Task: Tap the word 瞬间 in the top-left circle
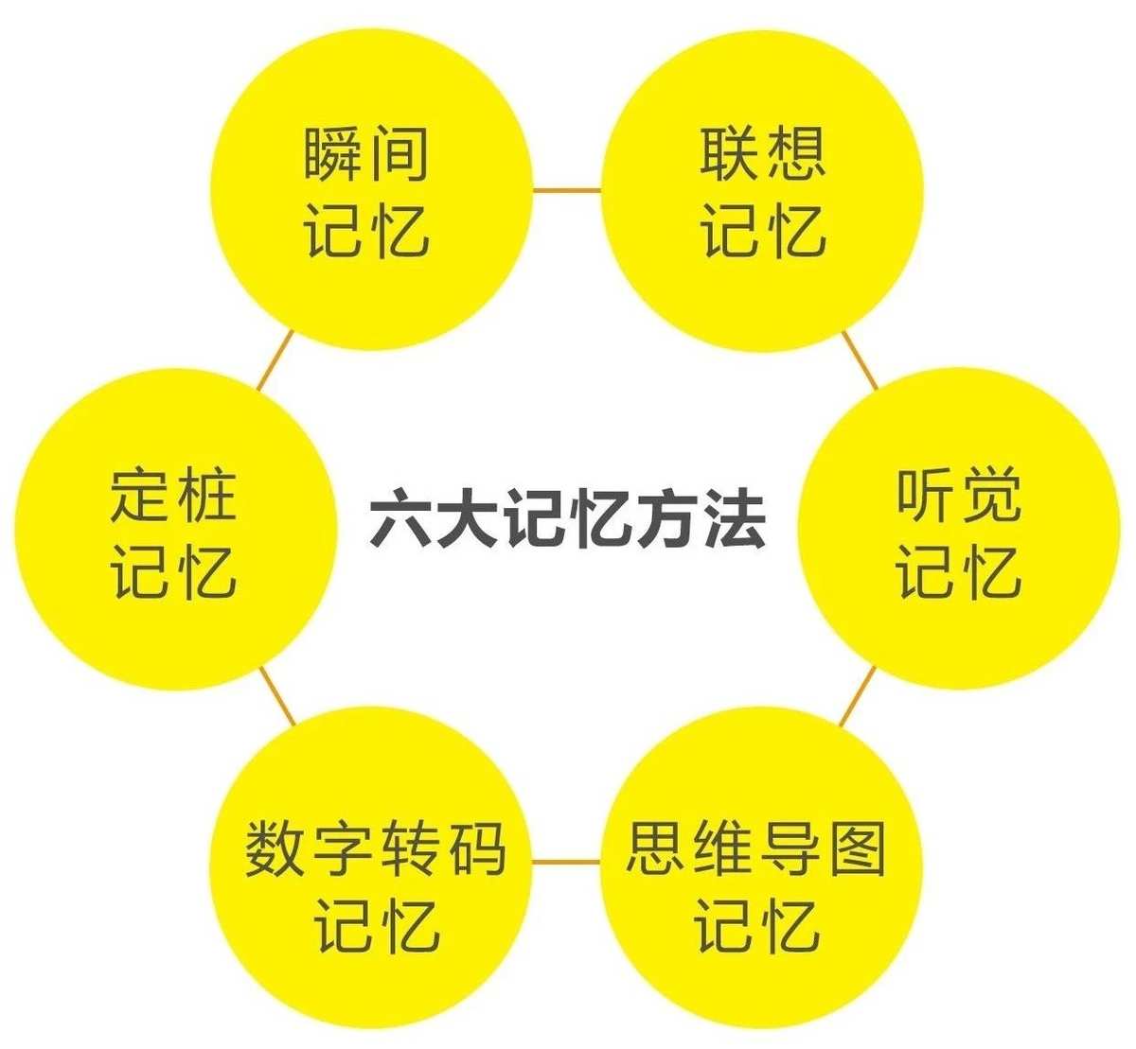tap(366, 153)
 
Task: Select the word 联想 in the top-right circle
tap(762, 152)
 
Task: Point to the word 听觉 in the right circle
tap(958, 495)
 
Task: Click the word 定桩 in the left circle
tap(173, 494)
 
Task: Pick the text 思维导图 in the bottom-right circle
tap(756, 848)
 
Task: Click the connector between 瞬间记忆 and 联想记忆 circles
tap(567, 190)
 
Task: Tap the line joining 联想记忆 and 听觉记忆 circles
tap(860, 360)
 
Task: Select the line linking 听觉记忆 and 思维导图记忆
tap(858, 696)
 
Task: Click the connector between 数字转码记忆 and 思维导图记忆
tap(566, 862)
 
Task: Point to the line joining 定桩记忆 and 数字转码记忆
tap(277, 696)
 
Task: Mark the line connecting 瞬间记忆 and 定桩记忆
tap(275, 360)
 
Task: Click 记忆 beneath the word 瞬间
tap(366, 232)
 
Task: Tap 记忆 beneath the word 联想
tap(762, 231)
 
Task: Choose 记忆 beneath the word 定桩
tap(173, 572)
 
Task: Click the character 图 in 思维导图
tap(858, 848)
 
